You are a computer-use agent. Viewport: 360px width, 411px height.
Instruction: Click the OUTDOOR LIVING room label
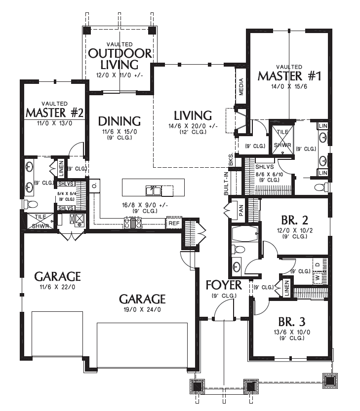pyautogui.click(x=120, y=59)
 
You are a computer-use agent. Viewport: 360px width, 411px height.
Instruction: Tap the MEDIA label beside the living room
pyautogui.click(x=241, y=87)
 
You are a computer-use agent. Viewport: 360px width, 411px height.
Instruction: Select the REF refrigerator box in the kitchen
pyautogui.click(x=174, y=224)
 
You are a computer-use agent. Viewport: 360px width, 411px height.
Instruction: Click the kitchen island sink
pyautogui.click(x=153, y=190)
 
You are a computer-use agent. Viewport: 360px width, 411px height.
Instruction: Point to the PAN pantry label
pyautogui.click(x=241, y=210)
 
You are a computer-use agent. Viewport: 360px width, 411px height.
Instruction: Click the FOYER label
pyautogui.click(x=224, y=285)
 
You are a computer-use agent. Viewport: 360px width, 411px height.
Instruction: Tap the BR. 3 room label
pyautogui.click(x=292, y=321)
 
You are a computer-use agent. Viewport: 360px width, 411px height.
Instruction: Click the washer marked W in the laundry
pyautogui.click(x=318, y=277)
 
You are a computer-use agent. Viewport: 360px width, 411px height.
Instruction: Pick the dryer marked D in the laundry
pyautogui.click(x=318, y=265)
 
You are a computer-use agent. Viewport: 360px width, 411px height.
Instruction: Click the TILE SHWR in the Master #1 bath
pyautogui.click(x=282, y=140)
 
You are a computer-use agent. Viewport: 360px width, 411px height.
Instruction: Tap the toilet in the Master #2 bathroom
pyautogui.click(x=31, y=204)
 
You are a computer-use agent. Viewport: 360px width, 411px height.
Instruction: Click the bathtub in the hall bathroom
pyautogui.click(x=245, y=233)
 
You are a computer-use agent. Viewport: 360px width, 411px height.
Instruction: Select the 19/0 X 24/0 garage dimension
pyautogui.click(x=142, y=309)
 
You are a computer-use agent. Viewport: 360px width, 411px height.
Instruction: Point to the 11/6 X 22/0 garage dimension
pyautogui.click(x=57, y=287)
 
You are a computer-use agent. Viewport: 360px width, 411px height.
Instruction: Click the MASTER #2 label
pyautogui.click(x=55, y=112)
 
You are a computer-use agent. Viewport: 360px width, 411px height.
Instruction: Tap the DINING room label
pyautogui.click(x=120, y=121)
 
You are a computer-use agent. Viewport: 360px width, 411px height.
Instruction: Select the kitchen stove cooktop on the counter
pyautogui.click(x=133, y=223)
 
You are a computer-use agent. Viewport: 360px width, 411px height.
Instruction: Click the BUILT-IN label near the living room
pyautogui.click(x=226, y=183)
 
